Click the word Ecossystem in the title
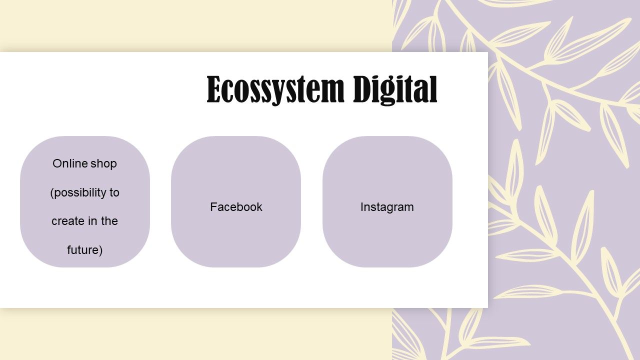275,90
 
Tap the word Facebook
236,207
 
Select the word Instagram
387,207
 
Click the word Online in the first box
70,163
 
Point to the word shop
103,164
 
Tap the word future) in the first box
85,250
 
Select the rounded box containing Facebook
236,201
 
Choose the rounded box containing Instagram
387,201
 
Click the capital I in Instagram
362,207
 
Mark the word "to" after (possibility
114,192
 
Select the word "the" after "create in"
109,221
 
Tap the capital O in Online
57,163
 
